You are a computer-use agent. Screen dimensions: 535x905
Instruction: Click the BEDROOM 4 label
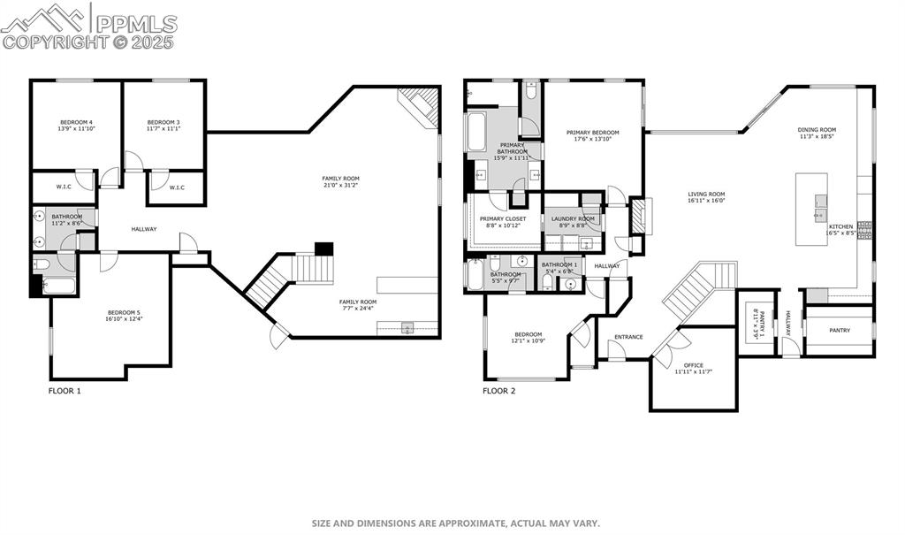76,122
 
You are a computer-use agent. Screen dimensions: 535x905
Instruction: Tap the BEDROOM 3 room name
164,122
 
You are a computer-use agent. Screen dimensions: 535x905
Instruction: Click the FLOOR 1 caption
64,390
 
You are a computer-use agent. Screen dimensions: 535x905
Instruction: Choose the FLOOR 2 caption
498,390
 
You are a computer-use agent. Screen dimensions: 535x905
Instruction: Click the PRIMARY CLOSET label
503,218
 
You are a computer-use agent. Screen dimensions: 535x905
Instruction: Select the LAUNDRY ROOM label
573,218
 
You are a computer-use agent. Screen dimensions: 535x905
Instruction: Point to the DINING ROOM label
817,130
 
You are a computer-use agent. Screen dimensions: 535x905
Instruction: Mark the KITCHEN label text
840,227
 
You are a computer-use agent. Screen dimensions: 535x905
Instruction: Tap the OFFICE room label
694,365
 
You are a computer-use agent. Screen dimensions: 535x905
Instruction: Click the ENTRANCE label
628,337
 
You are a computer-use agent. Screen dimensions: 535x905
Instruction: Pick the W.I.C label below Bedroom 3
176,187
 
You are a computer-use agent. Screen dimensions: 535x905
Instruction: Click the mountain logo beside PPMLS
45,19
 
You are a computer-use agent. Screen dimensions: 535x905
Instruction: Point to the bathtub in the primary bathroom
475,132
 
